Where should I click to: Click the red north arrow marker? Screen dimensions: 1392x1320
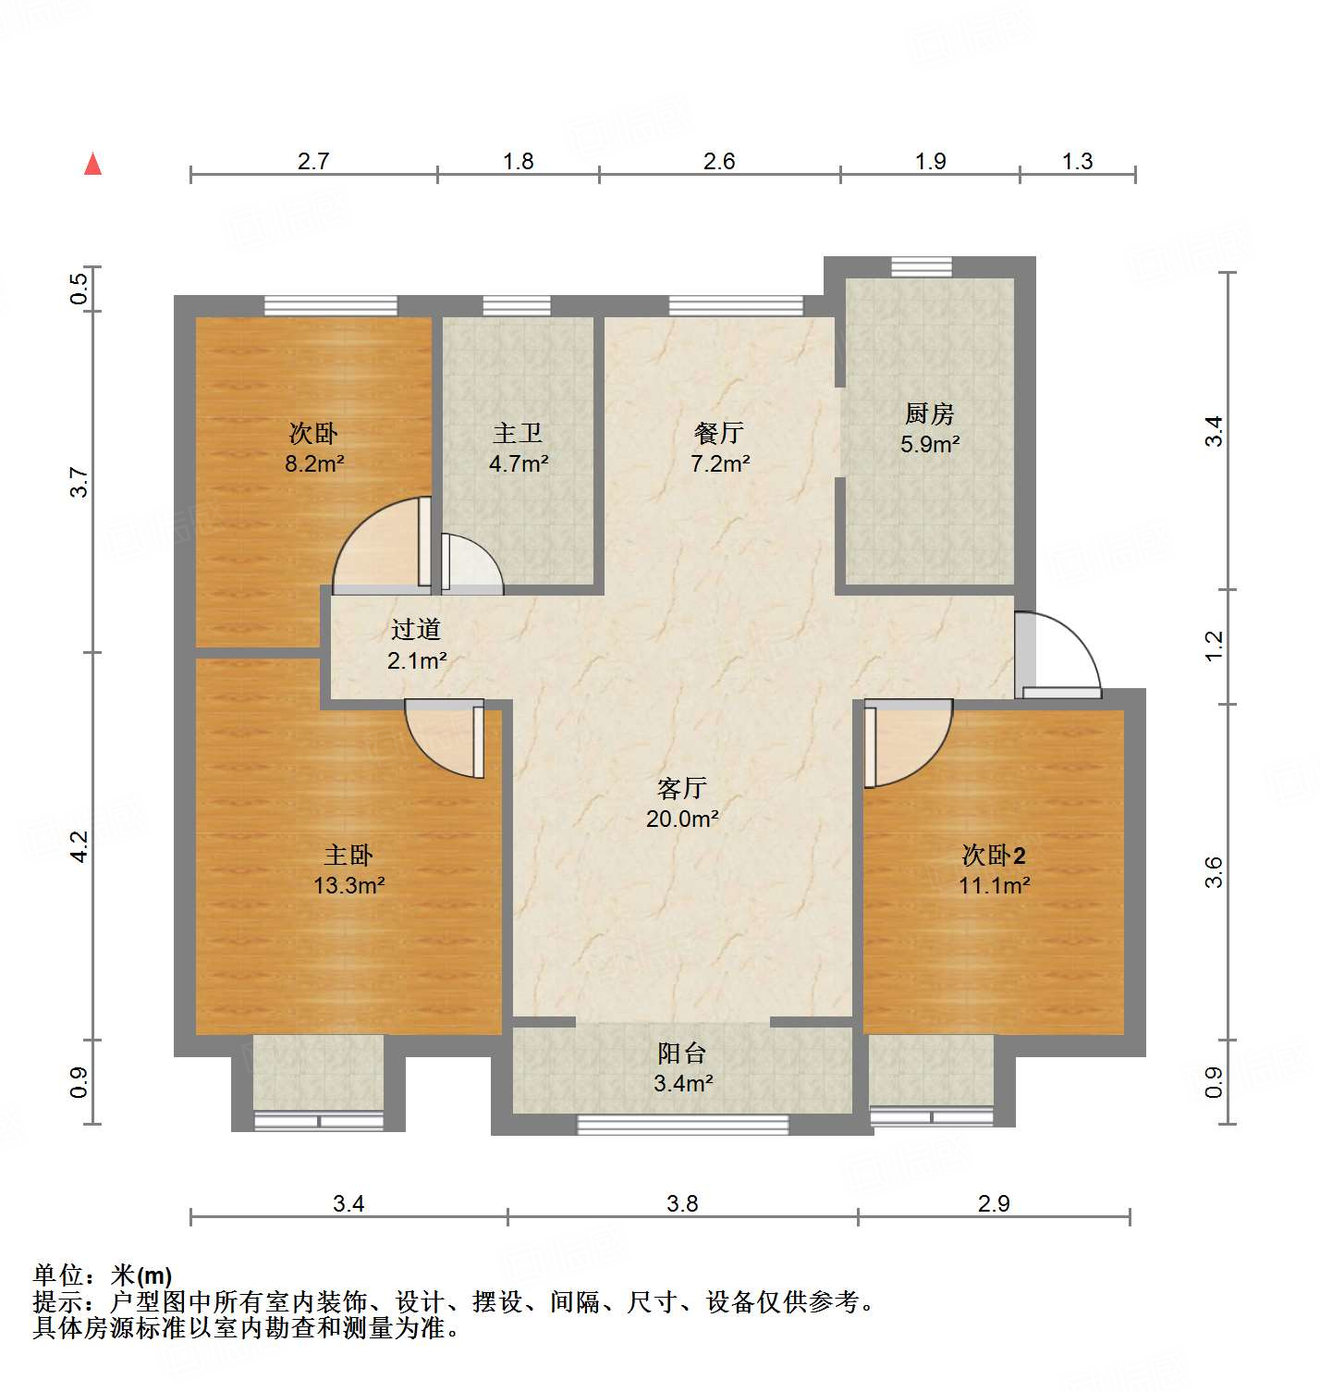(92, 164)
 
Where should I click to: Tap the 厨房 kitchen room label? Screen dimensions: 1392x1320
(929, 413)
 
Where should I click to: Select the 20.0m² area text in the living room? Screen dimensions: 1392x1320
(682, 819)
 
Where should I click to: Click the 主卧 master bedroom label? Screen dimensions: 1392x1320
(348, 855)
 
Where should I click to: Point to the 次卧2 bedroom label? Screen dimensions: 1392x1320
(994, 855)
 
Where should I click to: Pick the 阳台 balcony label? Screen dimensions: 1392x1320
(682, 1053)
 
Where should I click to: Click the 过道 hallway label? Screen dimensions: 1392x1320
(416, 630)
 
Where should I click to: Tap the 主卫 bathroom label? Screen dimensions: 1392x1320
(518, 433)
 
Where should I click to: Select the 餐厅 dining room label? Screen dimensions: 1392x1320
(719, 433)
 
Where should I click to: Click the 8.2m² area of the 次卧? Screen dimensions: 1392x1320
(314, 463)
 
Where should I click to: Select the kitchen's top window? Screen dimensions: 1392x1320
(922, 266)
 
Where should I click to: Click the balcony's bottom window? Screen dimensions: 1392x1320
(683, 1125)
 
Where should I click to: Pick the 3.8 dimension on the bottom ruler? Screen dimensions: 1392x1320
(682, 1203)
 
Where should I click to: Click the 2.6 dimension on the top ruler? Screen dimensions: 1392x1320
(719, 161)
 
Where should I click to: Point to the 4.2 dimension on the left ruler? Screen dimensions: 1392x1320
(79, 846)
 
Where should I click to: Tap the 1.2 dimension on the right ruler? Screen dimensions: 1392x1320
(1214, 646)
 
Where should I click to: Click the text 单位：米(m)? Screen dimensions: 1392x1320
(103, 1275)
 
